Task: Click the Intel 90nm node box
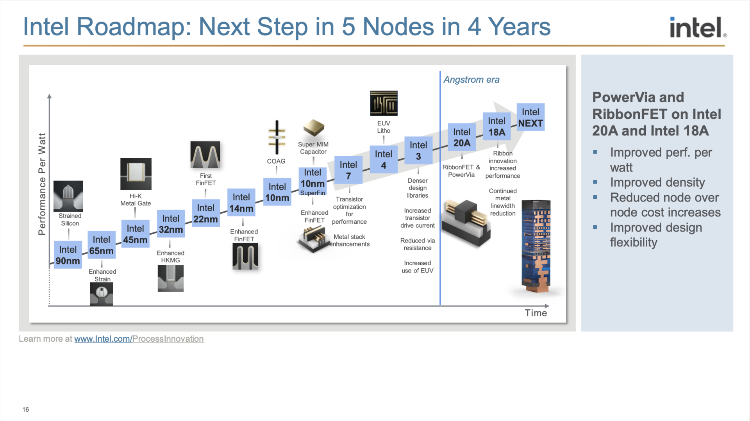(x=68, y=255)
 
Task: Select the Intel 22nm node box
(x=205, y=213)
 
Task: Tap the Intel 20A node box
(x=462, y=137)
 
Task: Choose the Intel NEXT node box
(x=530, y=117)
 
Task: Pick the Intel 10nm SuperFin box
(x=312, y=182)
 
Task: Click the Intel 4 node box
(x=384, y=159)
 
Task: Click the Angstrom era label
(x=471, y=80)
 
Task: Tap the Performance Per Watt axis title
(x=42, y=184)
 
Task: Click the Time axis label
(x=536, y=313)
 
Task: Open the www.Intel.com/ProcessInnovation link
(x=139, y=339)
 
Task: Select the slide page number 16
(x=26, y=409)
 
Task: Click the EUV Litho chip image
(x=384, y=103)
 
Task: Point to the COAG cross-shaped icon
(x=277, y=137)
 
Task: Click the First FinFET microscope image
(x=205, y=155)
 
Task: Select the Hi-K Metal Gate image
(x=136, y=174)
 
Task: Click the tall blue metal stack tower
(x=536, y=246)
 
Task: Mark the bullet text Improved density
(x=657, y=182)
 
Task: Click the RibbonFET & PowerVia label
(x=461, y=171)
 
